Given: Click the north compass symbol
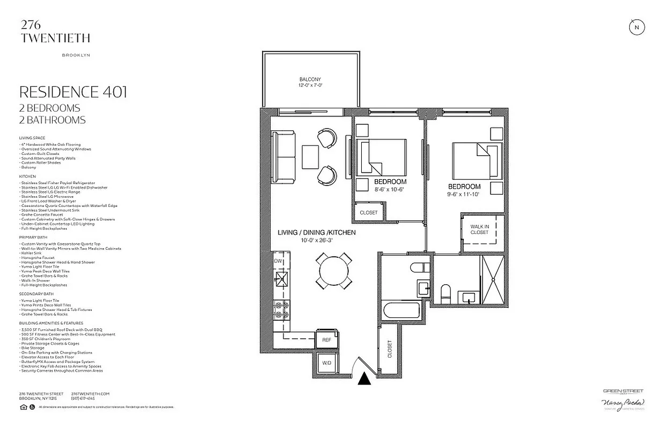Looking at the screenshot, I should [637, 27].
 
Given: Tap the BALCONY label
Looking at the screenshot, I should [310, 79].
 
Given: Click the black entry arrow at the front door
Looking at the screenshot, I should [364, 379].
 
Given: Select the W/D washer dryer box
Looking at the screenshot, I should [326, 364].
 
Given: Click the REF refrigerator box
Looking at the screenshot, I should [326, 340].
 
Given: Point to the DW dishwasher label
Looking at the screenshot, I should [278, 261].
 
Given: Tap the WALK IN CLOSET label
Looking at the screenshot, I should [479, 230].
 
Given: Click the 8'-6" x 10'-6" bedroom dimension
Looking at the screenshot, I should [390, 189].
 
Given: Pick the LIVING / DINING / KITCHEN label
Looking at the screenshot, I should [316, 233].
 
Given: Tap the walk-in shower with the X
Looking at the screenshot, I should [493, 280].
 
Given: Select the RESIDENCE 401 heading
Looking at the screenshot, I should [73, 92].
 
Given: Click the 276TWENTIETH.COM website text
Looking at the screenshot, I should [90, 394].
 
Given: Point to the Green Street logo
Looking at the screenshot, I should [623, 391].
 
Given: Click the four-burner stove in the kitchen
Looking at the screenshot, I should [282, 310].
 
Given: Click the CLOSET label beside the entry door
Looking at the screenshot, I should [389, 349].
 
